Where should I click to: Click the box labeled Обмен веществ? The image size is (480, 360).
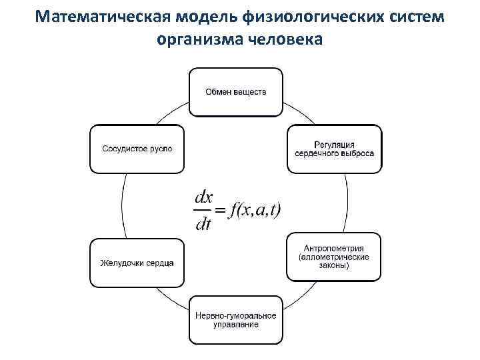tap(235, 91)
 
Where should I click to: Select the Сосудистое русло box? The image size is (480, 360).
tap(137, 149)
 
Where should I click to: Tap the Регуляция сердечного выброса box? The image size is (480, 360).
tap(335, 149)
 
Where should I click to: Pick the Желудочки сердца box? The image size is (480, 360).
tap(137, 262)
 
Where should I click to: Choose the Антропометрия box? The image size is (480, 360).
tap(334, 257)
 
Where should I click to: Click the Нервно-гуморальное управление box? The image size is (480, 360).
tap(235, 320)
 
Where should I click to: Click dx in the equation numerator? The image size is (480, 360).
tap(203, 197)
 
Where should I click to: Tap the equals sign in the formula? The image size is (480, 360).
tap(220, 211)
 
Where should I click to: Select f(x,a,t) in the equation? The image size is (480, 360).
tap(255, 210)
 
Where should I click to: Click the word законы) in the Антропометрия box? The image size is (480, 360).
tap(334, 265)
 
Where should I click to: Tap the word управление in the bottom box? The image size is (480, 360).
tap(235, 325)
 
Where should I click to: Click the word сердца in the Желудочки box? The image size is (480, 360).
tap(160, 262)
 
